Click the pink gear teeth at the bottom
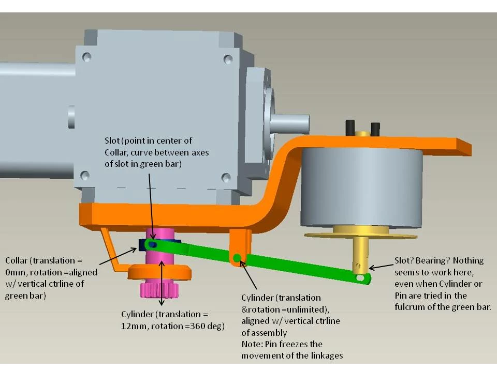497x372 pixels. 158,289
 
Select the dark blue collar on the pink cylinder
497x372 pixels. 143,243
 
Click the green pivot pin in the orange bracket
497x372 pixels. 237,258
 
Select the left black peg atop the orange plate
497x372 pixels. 350,126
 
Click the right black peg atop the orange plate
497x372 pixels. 375,128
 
